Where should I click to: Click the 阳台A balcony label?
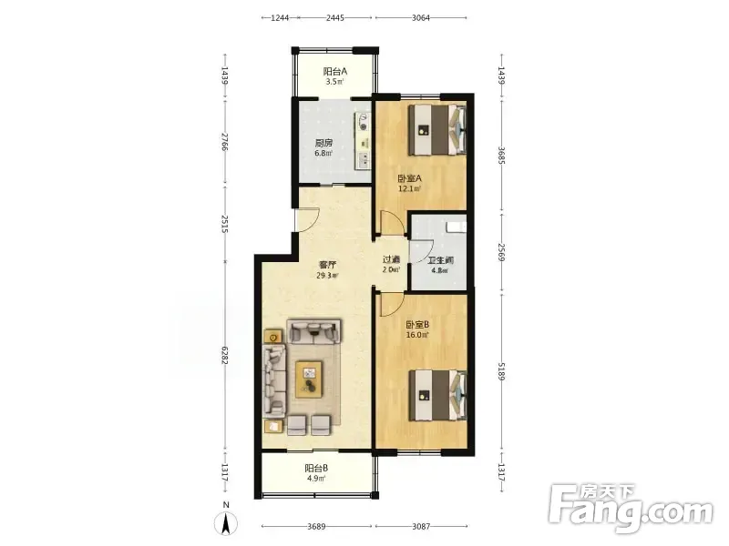pyautogui.click(x=335, y=72)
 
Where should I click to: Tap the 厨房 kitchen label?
pyautogui.click(x=323, y=144)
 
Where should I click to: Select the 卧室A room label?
pyautogui.click(x=409, y=178)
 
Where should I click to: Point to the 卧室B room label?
pyautogui.click(x=417, y=325)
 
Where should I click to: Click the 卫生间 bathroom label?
pyautogui.click(x=440, y=260)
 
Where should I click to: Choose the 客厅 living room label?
pyautogui.click(x=327, y=265)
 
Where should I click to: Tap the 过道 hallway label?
pyautogui.click(x=391, y=259)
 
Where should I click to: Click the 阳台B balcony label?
pyautogui.click(x=316, y=469)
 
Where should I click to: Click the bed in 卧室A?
pyautogui.click(x=437, y=129)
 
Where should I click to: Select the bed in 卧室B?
pyautogui.click(x=437, y=395)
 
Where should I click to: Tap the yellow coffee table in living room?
pyautogui.click(x=309, y=379)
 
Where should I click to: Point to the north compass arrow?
pyautogui.click(x=226, y=524)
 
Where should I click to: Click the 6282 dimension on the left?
pyautogui.click(x=224, y=355)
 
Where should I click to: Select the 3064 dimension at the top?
pyautogui.click(x=421, y=17)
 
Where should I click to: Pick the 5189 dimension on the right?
pyautogui.click(x=501, y=371)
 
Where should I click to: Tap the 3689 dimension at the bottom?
pyautogui.click(x=316, y=527)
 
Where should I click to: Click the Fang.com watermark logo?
pyautogui.click(x=631, y=509)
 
